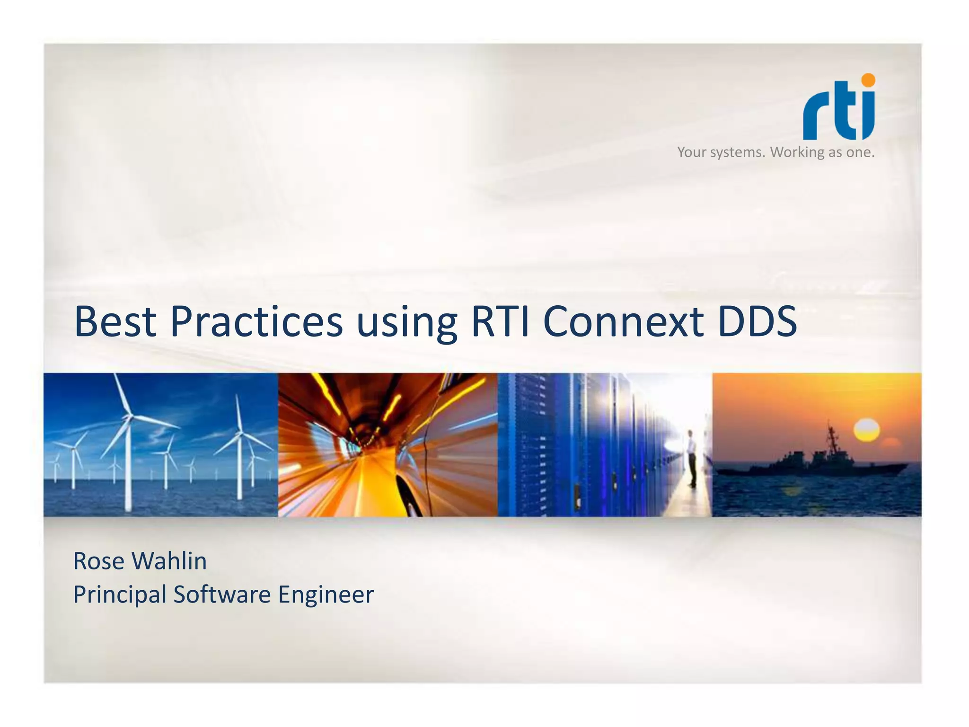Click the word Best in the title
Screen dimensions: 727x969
coord(115,321)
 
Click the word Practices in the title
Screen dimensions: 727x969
coord(256,321)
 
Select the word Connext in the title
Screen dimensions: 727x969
coord(623,321)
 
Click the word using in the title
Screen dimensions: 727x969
coord(406,324)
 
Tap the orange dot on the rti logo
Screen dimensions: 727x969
coord(868,80)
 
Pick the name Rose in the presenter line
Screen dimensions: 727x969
coord(98,561)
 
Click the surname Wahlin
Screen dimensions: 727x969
coord(169,561)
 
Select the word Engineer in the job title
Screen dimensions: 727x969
coord(326,595)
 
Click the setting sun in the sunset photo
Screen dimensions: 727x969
coord(866,430)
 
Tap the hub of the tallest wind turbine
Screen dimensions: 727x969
coord(129,417)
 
